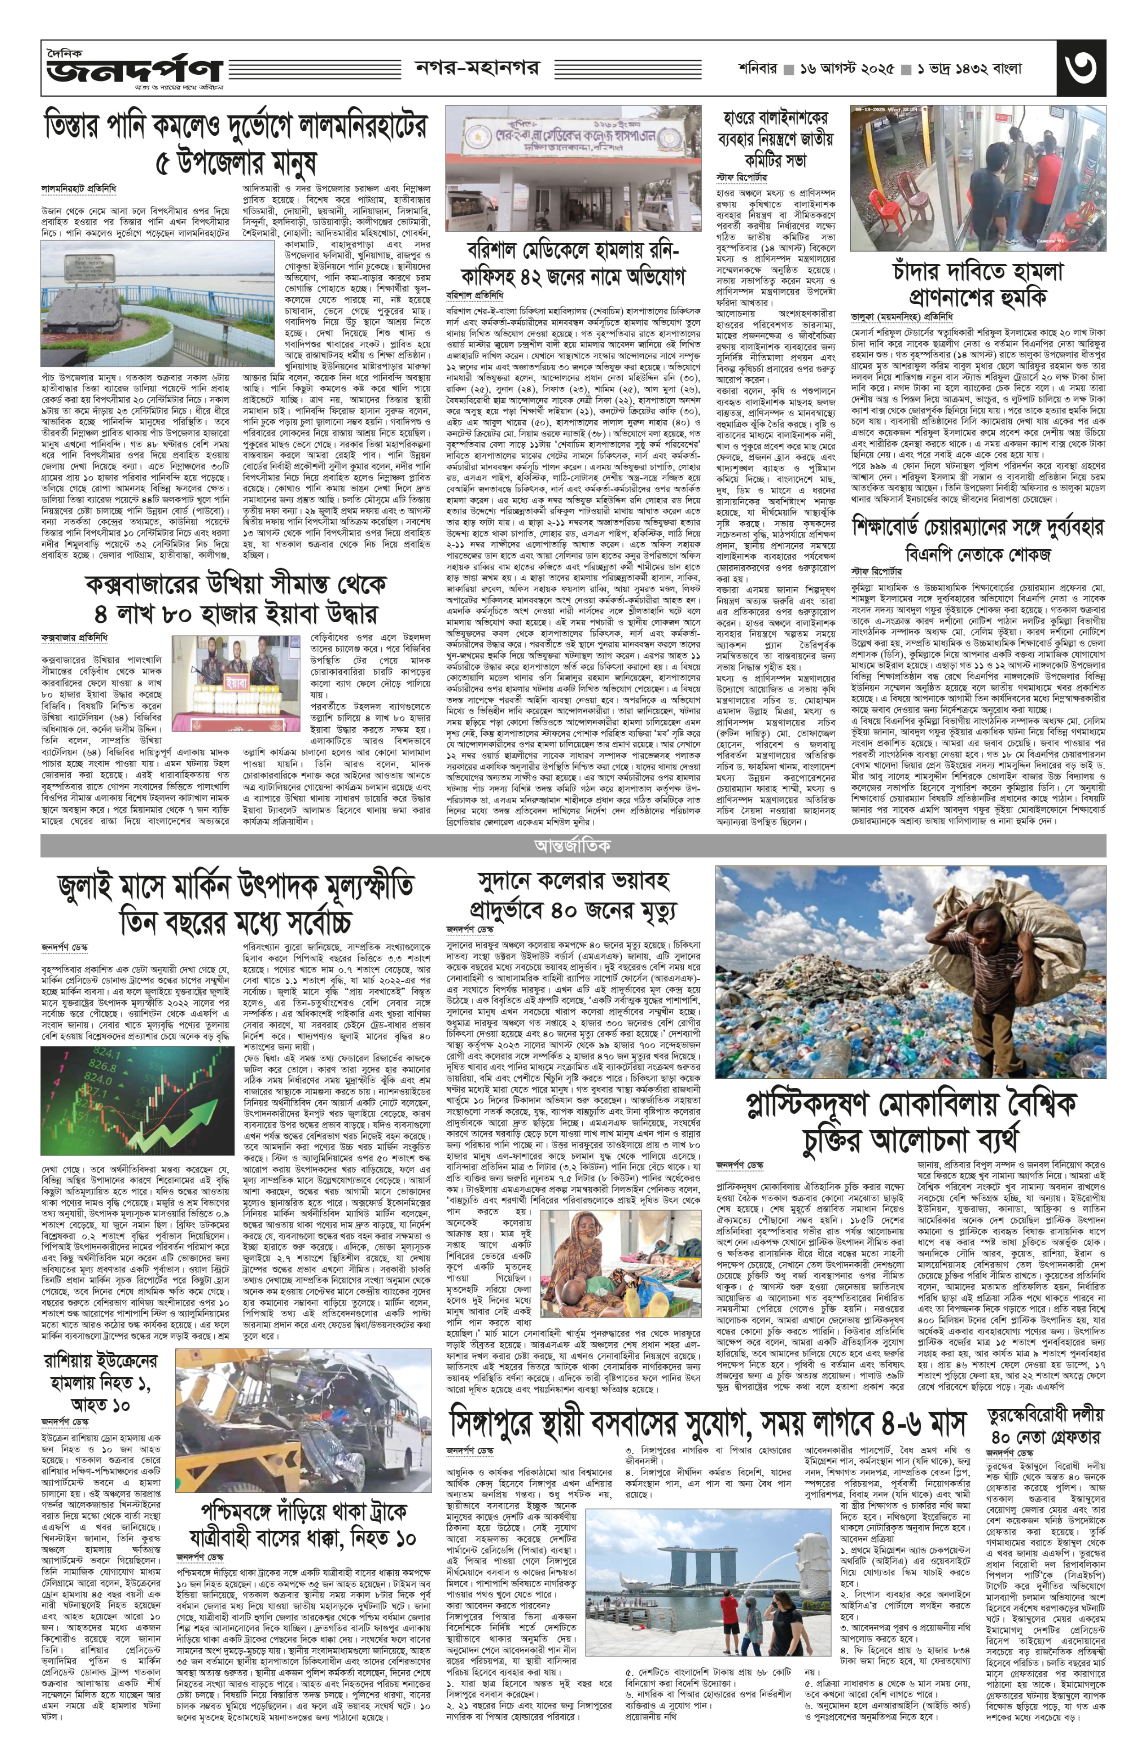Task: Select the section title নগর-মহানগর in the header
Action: [x=476, y=68]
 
